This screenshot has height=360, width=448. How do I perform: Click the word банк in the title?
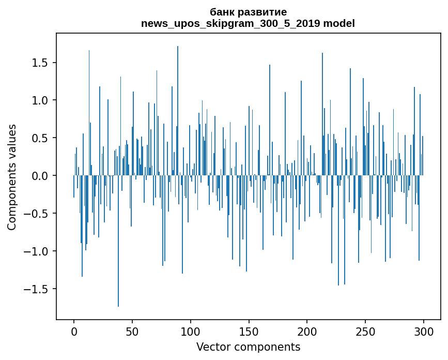pos(222,12)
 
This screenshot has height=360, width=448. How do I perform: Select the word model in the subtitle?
pos(339,23)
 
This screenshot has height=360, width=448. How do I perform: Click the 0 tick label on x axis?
pos(74,332)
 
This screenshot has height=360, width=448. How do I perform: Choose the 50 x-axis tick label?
pos(132,332)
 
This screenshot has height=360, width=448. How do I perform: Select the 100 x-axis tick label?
pos(190,332)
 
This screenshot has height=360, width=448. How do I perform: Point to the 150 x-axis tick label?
pos(249,332)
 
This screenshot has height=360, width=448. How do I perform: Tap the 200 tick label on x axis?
pos(307,332)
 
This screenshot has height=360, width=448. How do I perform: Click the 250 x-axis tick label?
pos(365,332)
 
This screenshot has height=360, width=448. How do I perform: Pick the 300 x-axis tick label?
pos(423,332)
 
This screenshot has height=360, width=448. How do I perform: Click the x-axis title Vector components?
pos(248,347)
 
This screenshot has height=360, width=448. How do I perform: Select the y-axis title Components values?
pos(12,177)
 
